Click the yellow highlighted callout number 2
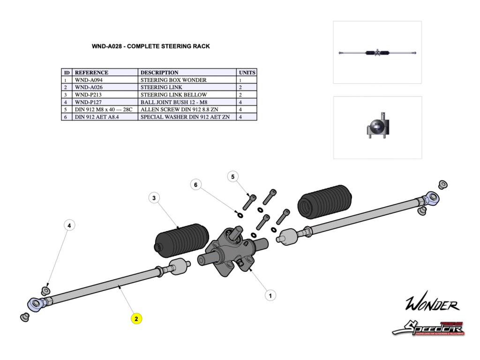pos(136,319)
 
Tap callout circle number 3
pos(154,198)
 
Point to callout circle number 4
pos(69,225)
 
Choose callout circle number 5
pos(233,177)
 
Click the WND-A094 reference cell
pos(105,80)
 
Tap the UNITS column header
pos(247,73)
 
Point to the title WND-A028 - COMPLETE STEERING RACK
pos(150,46)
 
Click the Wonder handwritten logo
pos(432,304)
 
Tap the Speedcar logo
pos(428,328)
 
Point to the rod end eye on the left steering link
pos(36,304)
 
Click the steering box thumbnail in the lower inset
pos(377,128)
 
